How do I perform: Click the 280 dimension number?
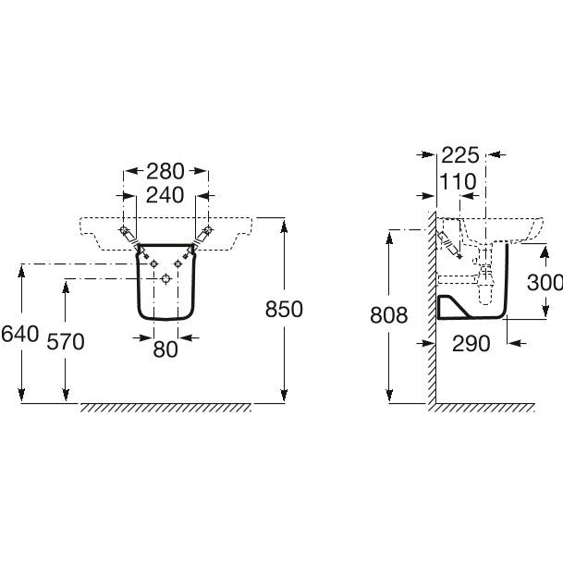(165, 171)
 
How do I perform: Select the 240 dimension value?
(165, 195)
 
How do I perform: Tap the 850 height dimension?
(284, 309)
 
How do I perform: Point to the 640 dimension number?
(19, 334)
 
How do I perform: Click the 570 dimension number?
(66, 341)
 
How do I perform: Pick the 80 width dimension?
(165, 349)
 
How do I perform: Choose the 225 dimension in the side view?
(460, 155)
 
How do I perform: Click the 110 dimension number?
(458, 181)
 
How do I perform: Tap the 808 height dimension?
(389, 315)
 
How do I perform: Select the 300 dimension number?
(545, 282)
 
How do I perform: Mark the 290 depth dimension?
(471, 344)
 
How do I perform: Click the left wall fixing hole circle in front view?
(124, 230)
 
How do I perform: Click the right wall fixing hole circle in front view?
(208, 230)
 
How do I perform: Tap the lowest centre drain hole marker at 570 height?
(165, 278)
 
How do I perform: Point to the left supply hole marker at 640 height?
(154, 263)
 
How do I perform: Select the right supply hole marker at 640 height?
(177, 263)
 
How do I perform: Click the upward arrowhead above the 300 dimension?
(545, 253)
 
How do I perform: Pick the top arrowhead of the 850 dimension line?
(284, 226)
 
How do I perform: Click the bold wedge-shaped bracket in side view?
(453, 307)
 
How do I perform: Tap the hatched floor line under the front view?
(165, 408)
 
